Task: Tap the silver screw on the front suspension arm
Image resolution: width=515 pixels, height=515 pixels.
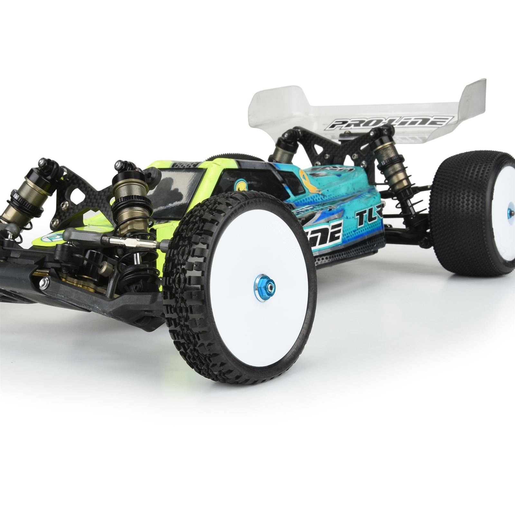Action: [x=44, y=282]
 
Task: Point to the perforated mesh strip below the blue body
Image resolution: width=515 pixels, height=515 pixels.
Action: [x=348, y=251]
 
